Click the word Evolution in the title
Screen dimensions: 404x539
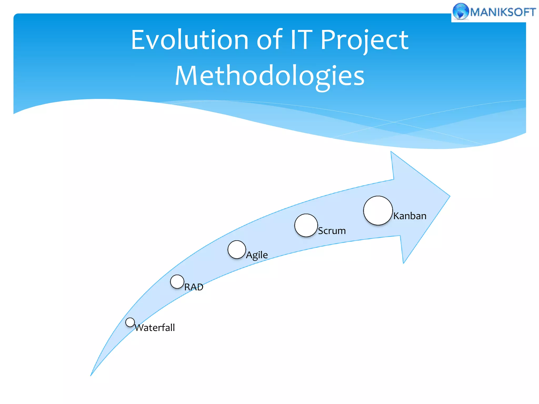click(189, 40)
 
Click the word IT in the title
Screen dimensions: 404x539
click(301, 40)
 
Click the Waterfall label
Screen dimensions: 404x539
click(155, 328)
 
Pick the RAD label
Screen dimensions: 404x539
click(194, 287)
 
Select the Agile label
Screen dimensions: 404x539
click(257, 255)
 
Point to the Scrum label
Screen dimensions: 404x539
click(332, 231)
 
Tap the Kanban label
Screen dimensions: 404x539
click(410, 216)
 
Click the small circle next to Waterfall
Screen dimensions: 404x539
click(130, 322)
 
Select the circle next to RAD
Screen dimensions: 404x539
click(177, 282)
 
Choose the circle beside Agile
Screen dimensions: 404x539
click(237, 250)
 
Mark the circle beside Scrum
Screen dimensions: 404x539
click(306, 225)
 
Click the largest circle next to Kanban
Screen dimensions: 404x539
click(378, 210)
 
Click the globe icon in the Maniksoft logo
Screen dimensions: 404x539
click(461, 11)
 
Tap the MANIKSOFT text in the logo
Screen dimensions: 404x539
click(503, 12)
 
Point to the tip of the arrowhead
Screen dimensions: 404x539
click(449, 196)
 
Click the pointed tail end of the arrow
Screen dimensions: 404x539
click(91, 375)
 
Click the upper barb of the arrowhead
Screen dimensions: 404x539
click(392, 153)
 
